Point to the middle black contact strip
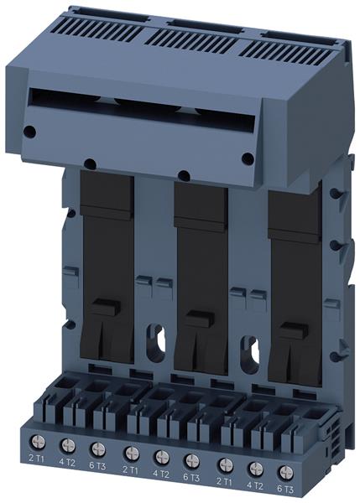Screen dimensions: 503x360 point(201,260)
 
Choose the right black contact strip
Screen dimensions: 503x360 point(295,268)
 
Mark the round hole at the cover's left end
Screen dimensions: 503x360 point(30,132)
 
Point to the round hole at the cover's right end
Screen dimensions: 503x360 point(248,158)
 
